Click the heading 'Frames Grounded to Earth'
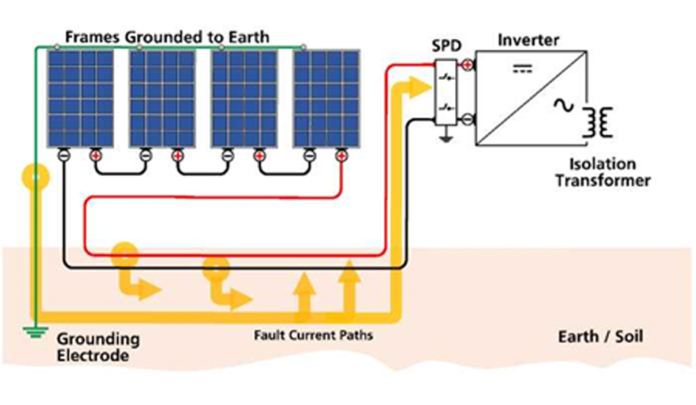[167, 36]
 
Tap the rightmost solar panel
[326, 98]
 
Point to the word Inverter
[528, 40]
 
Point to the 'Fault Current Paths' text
[313, 335]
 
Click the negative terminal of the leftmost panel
[64, 155]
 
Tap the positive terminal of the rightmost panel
[340, 155]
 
